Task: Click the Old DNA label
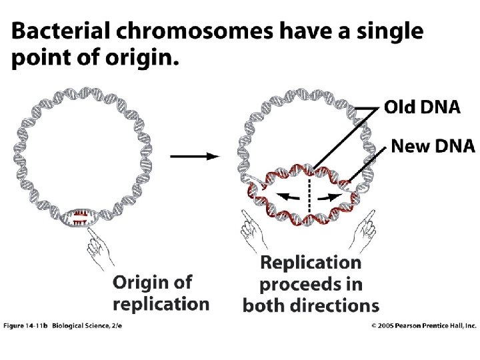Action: click(421, 108)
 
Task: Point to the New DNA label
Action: click(424, 145)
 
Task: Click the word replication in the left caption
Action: click(161, 304)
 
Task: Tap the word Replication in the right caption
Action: click(311, 264)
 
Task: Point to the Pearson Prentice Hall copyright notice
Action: click(423, 325)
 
